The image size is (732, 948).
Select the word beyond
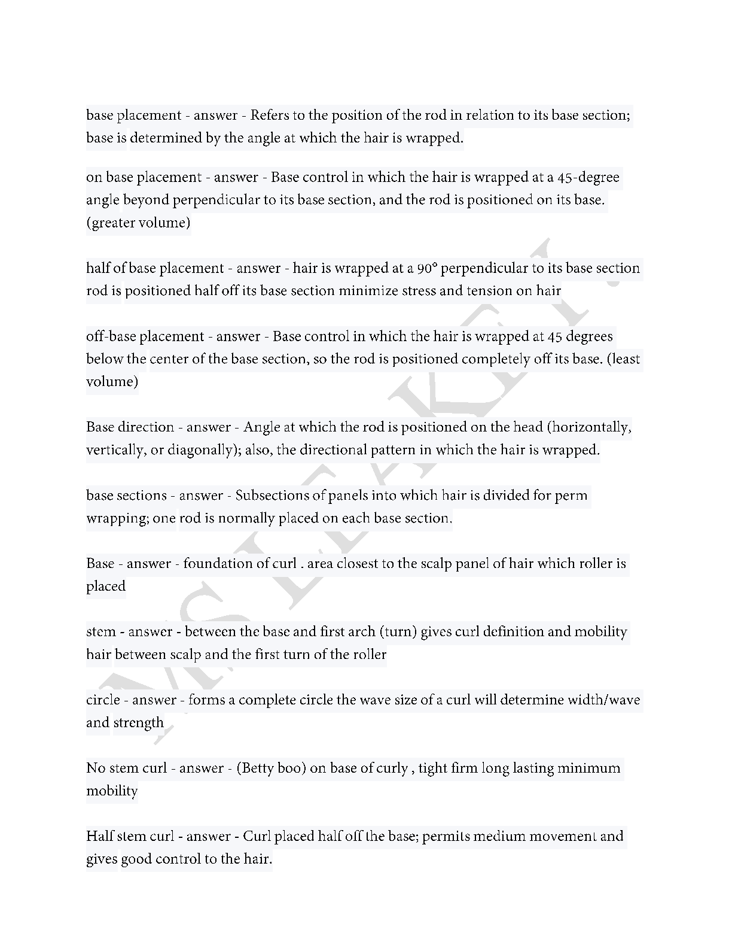point(146,200)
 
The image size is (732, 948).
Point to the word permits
point(445,837)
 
